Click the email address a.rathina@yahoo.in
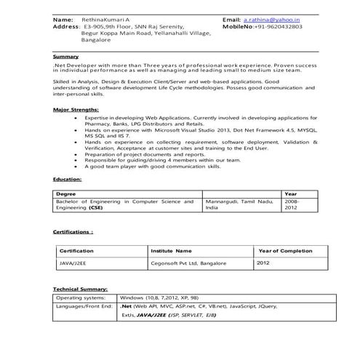tap(272, 18)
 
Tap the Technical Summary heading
tap(80, 289)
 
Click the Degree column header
tap(66, 194)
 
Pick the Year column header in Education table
tap(290, 194)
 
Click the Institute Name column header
tap(171, 249)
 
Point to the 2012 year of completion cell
tap(263, 263)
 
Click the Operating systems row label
tap(80, 298)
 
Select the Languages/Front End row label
tap(84, 307)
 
